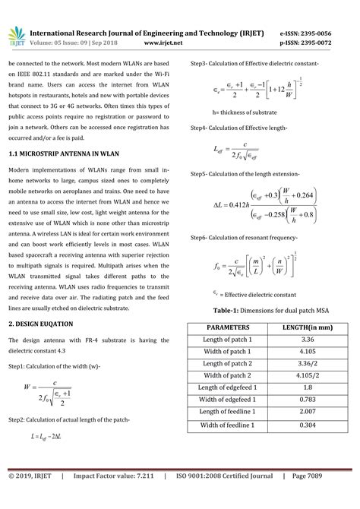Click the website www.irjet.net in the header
point(166,43)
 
